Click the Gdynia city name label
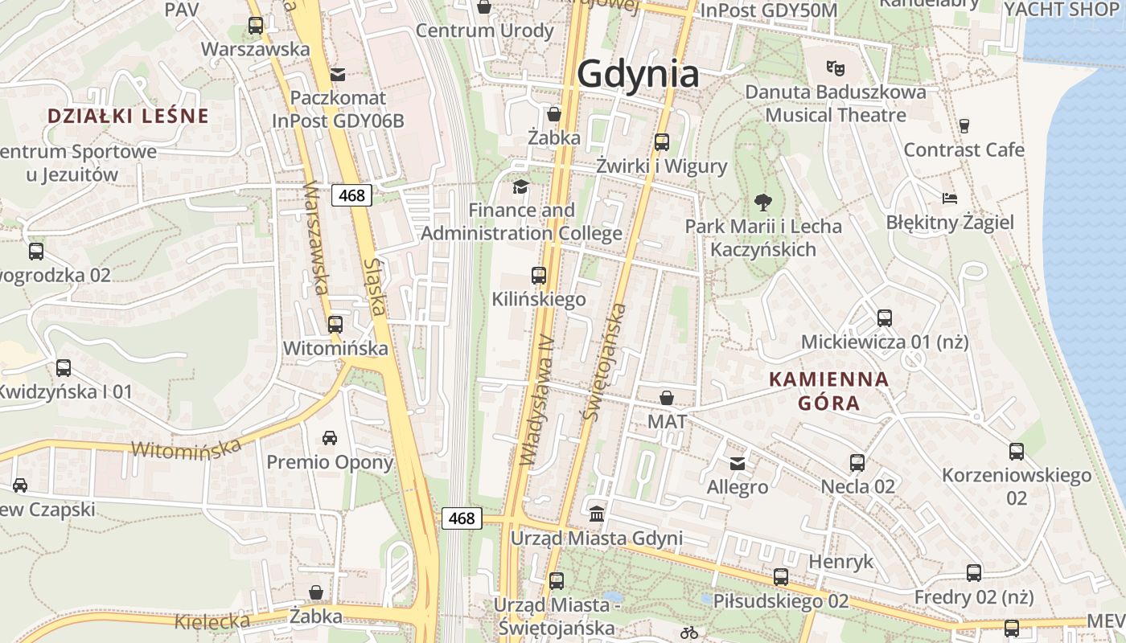tap(638, 74)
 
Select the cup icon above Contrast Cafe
tap(964, 125)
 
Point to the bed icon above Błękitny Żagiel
tap(950, 198)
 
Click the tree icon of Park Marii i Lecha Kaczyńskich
tap(763, 202)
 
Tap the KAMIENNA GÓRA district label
tap(829, 391)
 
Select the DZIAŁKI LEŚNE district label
tap(128, 116)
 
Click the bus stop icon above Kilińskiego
tap(539, 276)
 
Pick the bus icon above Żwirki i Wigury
tap(662, 142)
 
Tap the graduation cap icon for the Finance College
tap(521, 187)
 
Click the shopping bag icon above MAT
tap(667, 398)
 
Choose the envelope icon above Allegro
tap(738, 463)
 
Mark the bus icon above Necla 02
tap(857, 463)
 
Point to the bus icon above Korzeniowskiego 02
tap(1017, 452)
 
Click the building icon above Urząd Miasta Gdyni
tap(597, 514)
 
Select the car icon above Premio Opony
tap(330, 438)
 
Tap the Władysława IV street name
tap(538, 399)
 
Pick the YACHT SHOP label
tap(1062, 10)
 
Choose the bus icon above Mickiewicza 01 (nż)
tap(885, 318)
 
